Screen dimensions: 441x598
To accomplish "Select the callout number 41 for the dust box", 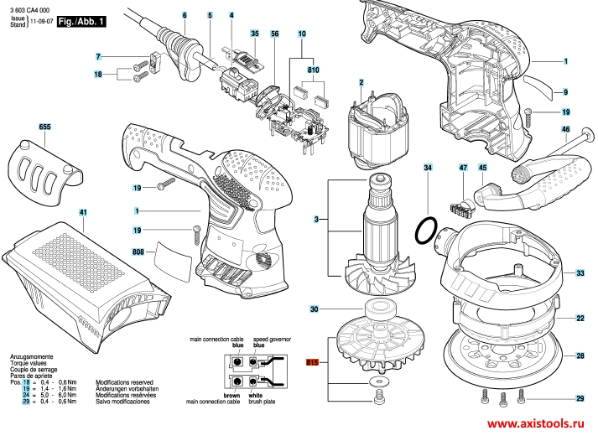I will click(82, 213).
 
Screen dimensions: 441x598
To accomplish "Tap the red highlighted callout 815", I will click(314, 363).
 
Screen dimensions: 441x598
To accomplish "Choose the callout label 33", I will click(580, 273).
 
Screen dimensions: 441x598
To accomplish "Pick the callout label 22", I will click(580, 319).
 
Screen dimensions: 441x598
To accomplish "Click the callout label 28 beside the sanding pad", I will click(580, 356).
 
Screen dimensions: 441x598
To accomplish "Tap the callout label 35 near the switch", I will click(255, 32).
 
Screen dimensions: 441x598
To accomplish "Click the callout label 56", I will click(273, 32).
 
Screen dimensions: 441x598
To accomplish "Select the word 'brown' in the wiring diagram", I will click(232, 394).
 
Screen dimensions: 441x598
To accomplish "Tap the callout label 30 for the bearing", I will click(315, 309).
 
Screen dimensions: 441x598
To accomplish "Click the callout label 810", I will click(314, 69).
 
